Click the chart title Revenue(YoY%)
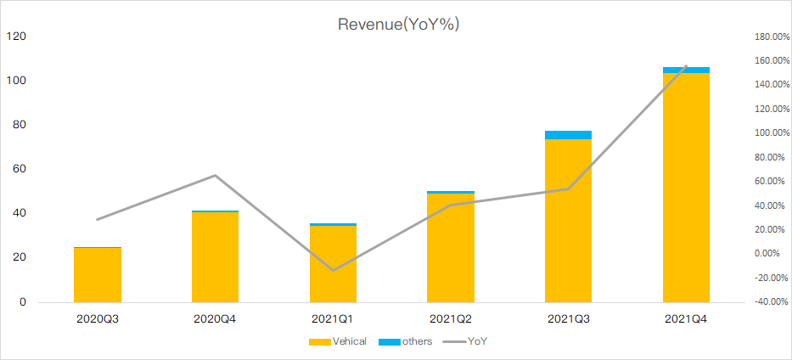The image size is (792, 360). coord(398,24)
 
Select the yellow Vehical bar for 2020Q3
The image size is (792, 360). coord(97,274)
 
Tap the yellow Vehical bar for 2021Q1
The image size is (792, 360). coord(333,263)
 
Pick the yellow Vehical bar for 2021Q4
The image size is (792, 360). coord(686,187)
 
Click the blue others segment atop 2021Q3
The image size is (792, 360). coord(568,135)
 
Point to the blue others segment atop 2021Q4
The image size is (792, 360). coord(686,70)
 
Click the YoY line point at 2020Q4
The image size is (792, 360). coord(216,176)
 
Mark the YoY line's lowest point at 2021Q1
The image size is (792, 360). coord(333,271)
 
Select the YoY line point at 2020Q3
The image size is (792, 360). coord(97,220)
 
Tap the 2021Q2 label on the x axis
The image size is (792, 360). coord(451,320)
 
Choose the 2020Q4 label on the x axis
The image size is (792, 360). coord(216,320)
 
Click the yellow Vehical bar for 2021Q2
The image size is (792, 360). coord(451,248)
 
